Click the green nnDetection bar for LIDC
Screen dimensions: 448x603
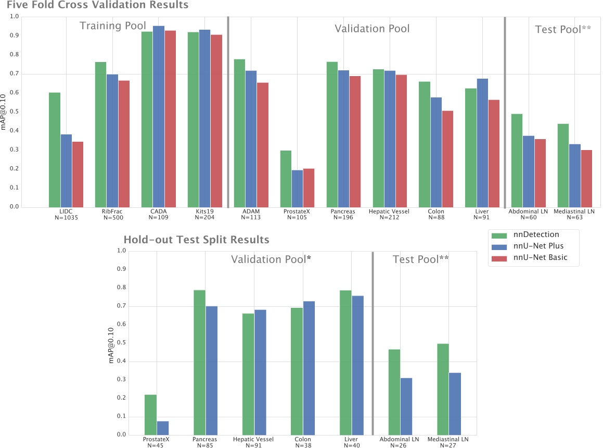55,150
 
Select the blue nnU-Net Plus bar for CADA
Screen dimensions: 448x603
159,117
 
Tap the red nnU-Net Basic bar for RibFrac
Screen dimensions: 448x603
124,144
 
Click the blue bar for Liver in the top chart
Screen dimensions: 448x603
482,143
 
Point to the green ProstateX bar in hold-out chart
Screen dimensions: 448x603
150,415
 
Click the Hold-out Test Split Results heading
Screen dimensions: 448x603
196,240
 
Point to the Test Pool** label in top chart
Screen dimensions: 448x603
563,29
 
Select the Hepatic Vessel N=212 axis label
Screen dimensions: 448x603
389,214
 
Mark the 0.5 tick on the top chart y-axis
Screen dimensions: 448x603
15,111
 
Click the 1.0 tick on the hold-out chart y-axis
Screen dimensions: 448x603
122,251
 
